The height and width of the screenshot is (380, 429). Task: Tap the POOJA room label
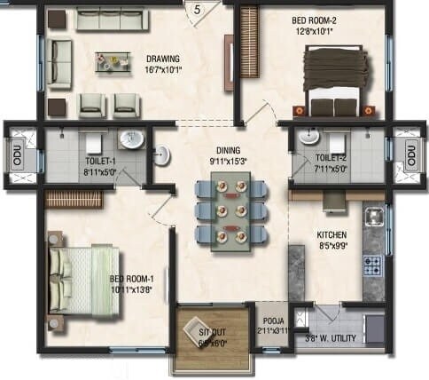click(x=272, y=324)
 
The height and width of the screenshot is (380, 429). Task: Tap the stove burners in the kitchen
click(x=373, y=264)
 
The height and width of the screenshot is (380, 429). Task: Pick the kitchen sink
click(x=374, y=217)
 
